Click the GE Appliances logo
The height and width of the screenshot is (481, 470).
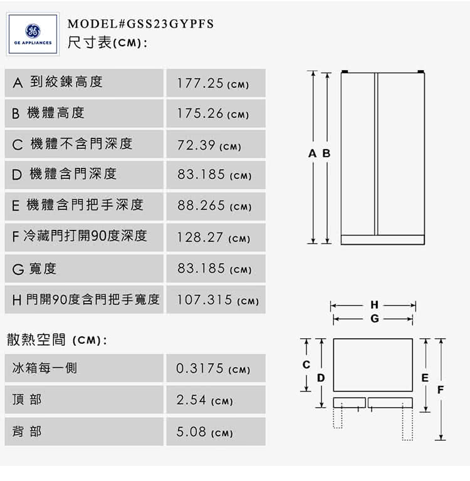pos(33,34)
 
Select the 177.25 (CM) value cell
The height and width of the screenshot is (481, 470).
pos(216,83)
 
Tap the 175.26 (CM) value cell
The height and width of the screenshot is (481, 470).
pos(216,113)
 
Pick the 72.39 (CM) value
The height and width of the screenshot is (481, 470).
pos(209,145)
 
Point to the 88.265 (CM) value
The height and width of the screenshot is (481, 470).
pos(214,205)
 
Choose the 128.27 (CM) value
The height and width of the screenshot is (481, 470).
pos(213,237)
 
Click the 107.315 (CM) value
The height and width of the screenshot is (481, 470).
pos(217,300)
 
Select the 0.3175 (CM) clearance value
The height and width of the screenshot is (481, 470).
pos(213,368)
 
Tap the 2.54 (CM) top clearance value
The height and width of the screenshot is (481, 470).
pos(204,400)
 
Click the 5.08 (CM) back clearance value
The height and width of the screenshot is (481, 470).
pos(204,432)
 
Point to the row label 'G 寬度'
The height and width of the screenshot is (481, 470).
pos(34,269)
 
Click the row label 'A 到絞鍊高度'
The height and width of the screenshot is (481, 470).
pos(58,82)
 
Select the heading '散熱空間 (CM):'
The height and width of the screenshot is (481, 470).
pos(57,340)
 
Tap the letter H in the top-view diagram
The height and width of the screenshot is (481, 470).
pos(374,305)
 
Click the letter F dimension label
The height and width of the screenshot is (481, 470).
pos(441,390)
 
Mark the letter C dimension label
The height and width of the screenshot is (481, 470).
pos(306,365)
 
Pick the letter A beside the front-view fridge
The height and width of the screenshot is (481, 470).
pos(312,153)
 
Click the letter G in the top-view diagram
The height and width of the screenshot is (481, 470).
pos(375,318)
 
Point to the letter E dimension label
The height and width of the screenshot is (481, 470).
pos(425,378)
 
